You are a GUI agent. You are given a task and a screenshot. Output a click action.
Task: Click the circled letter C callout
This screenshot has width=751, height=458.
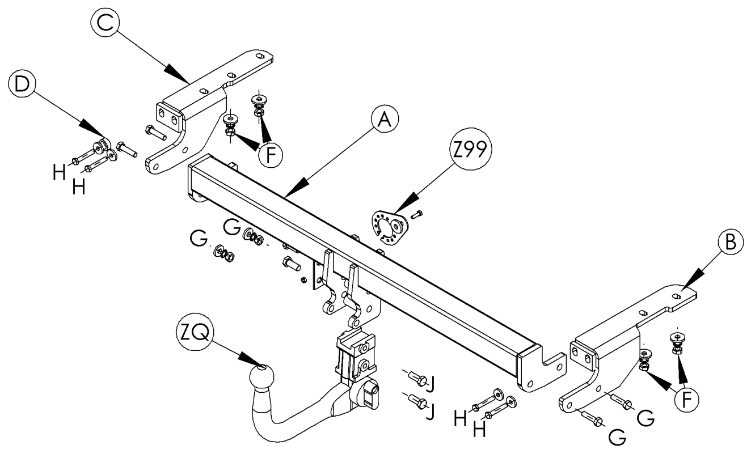(x=106, y=22)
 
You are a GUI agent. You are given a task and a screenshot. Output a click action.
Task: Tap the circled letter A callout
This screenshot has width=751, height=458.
(x=385, y=119)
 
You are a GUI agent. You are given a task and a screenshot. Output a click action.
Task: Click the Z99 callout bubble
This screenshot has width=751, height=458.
(x=470, y=149)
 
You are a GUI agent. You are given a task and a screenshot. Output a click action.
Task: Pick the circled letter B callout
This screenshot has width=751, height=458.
(x=731, y=242)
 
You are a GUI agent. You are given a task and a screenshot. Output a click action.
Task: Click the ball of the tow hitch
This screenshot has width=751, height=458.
(x=261, y=377)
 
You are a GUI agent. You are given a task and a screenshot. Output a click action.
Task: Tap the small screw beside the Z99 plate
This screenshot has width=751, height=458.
(x=416, y=214)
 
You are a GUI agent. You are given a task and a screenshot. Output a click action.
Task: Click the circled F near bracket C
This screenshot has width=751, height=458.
(x=270, y=155)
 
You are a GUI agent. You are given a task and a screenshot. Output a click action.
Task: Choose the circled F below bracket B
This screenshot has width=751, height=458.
(x=687, y=399)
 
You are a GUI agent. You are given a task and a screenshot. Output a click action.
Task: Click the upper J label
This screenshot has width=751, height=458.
(x=431, y=384)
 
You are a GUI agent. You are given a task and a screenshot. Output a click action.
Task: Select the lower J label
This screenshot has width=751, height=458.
(x=431, y=412)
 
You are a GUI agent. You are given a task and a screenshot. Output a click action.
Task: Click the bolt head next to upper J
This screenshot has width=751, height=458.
(x=422, y=381)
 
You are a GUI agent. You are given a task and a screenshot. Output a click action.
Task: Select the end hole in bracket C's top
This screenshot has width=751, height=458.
(x=260, y=56)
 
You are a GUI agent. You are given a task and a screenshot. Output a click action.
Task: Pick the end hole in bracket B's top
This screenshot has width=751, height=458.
(x=677, y=296)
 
